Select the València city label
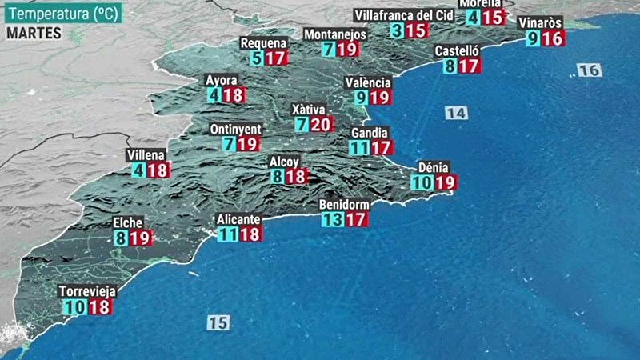(x=369, y=82)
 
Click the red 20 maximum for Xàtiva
(x=320, y=124)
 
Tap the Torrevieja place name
(x=87, y=292)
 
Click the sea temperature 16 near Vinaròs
(x=589, y=70)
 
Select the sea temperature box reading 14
(x=456, y=114)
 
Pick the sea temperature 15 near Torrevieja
(x=218, y=322)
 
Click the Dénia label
(x=434, y=167)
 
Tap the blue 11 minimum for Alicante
(x=228, y=234)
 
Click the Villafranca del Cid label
(x=405, y=15)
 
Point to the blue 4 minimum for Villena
(x=139, y=170)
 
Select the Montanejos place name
(x=335, y=34)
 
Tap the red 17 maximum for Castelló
(x=469, y=66)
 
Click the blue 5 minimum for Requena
(x=256, y=58)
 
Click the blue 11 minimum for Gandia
(x=359, y=147)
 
